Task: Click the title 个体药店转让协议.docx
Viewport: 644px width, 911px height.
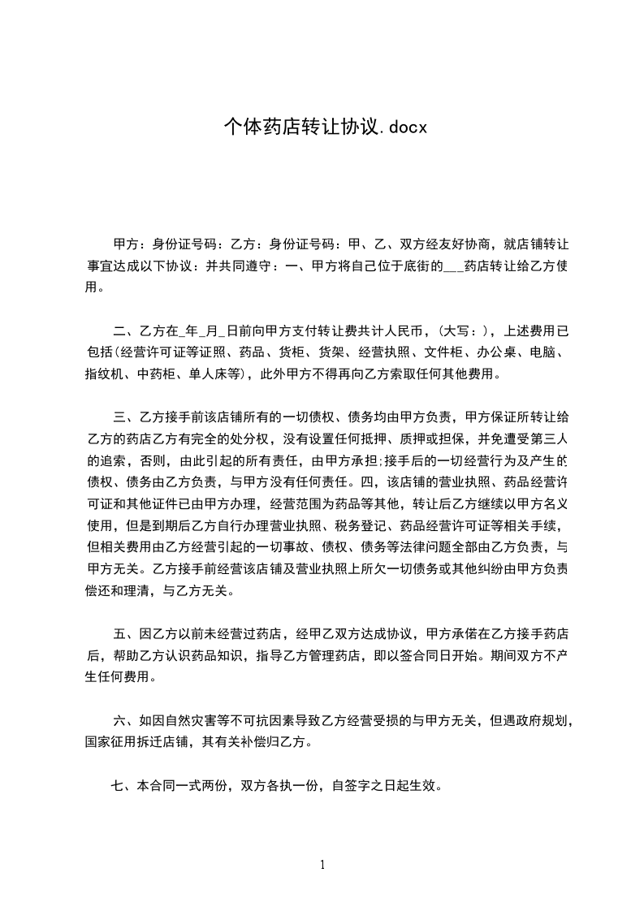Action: [325, 127]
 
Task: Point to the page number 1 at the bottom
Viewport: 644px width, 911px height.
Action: [322, 864]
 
